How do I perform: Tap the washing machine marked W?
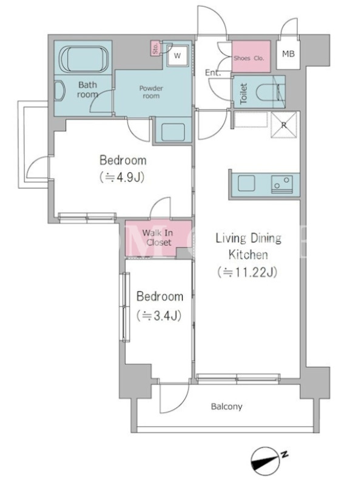tap(177, 56)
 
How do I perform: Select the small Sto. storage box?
tap(155, 48)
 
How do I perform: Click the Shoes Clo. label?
tap(249, 58)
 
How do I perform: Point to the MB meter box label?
tap(288, 54)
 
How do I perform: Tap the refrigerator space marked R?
tap(284, 125)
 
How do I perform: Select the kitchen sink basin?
tap(247, 184)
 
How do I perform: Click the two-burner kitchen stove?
tap(282, 184)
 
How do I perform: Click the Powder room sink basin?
tap(173, 132)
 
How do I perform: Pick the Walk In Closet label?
tap(158, 238)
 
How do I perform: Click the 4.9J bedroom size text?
tap(123, 178)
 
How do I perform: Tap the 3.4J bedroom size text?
tap(159, 315)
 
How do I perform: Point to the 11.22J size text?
tap(248, 272)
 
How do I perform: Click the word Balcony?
tap(226, 406)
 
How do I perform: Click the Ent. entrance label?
tap(213, 73)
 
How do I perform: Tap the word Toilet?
tap(244, 93)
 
